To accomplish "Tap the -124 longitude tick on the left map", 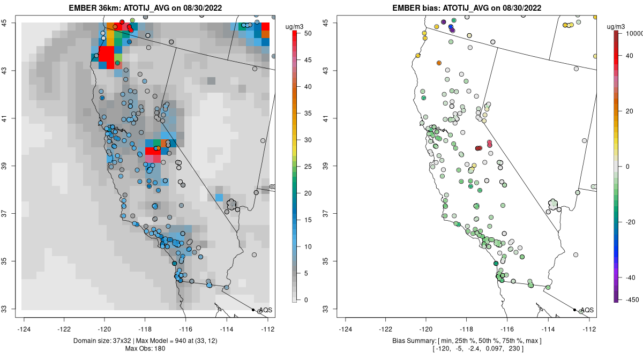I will pyautogui.click(x=25, y=329).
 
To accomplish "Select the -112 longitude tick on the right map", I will pyautogui.click(x=589, y=329).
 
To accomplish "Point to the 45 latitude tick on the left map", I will pyautogui.click(x=11, y=22).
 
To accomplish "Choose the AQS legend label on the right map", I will pyautogui.click(x=587, y=310).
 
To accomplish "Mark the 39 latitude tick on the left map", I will pyautogui.click(x=11, y=166).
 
